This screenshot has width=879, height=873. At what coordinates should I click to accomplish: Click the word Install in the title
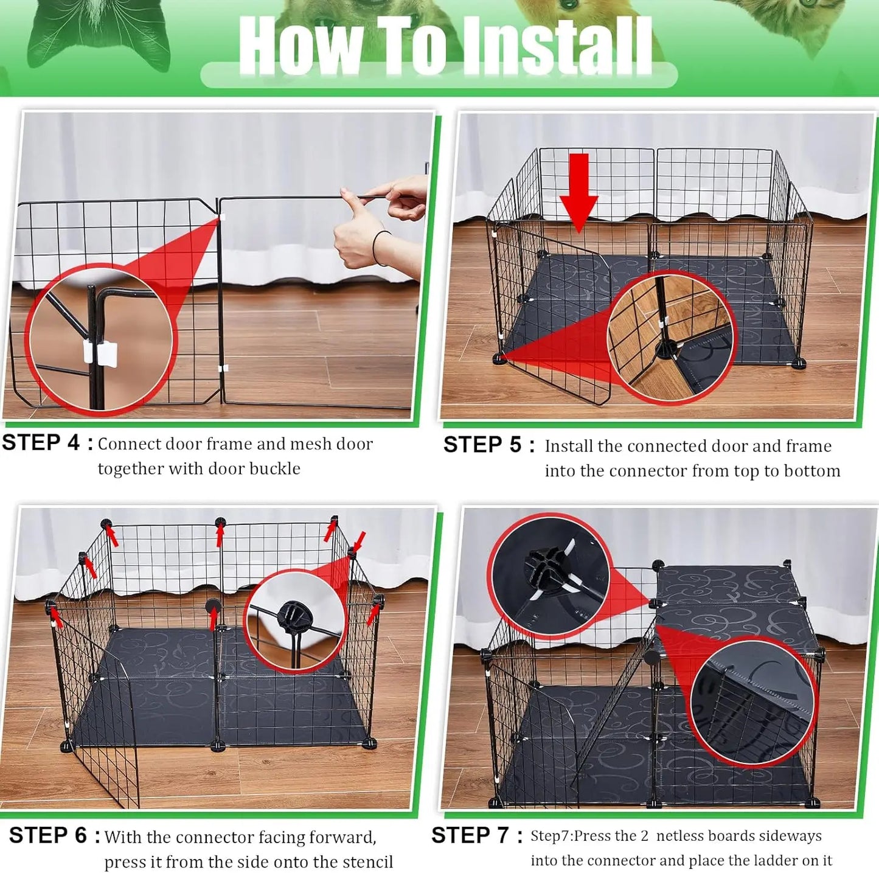tap(557, 46)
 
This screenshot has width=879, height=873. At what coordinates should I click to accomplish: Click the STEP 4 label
tap(47, 443)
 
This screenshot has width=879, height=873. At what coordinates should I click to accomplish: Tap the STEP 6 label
tap(54, 835)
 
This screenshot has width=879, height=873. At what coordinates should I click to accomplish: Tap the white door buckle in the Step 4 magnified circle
tap(100, 354)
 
